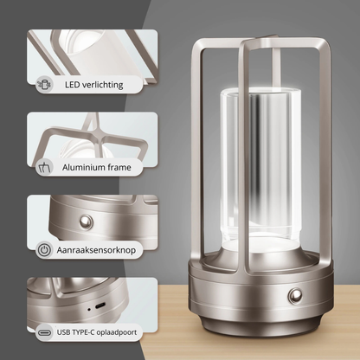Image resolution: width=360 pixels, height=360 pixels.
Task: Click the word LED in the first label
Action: click(x=72, y=86)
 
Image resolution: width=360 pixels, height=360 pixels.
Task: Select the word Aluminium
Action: click(x=89, y=166)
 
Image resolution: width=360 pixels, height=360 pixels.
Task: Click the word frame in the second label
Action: click(x=132, y=166)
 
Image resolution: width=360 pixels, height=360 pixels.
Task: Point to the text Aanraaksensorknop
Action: click(x=107, y=248)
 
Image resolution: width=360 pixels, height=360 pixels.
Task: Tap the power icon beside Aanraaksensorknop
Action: click(x=43, y=248)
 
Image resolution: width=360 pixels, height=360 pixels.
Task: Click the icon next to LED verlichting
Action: click(x=43, y=86)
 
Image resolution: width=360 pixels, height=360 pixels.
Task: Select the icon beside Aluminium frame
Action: click(x=43, y=166)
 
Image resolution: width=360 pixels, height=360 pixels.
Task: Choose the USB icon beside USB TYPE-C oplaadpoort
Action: click(x=43, y=330)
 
